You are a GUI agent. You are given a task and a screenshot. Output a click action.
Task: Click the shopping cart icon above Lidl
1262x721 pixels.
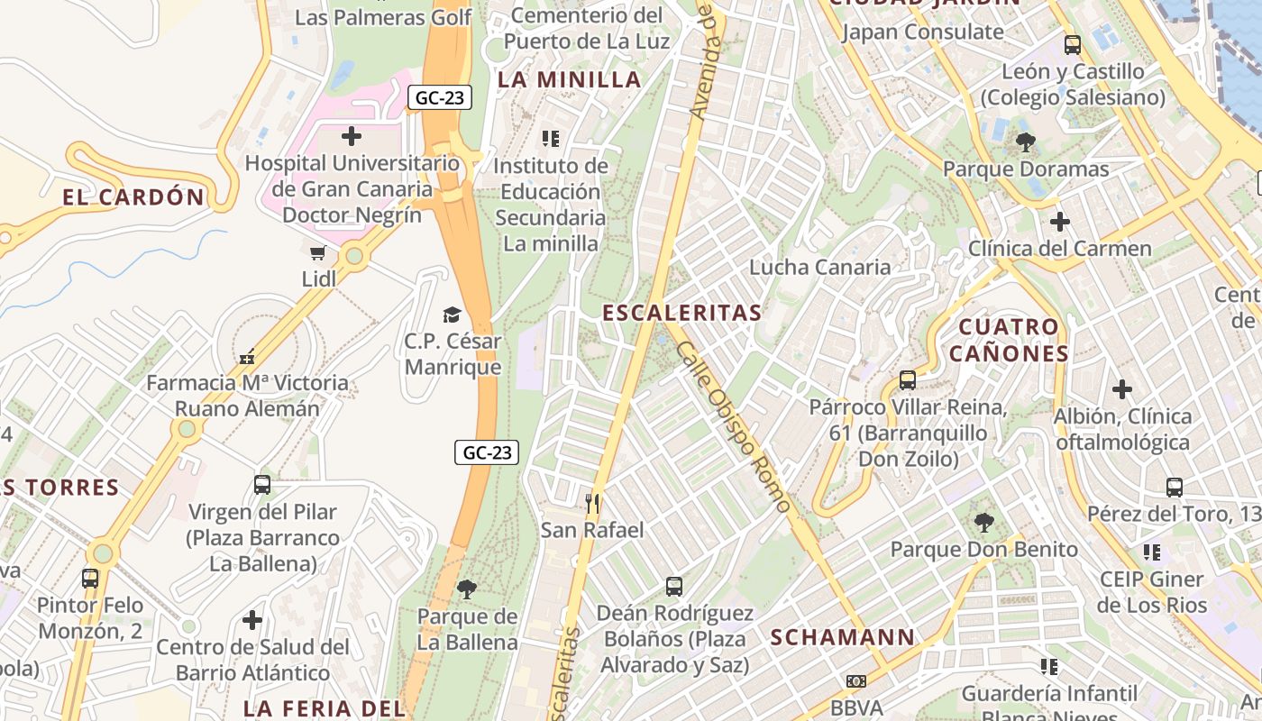[x=317, y=253]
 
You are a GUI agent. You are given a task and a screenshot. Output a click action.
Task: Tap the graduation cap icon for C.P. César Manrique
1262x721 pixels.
[x=452, y=315]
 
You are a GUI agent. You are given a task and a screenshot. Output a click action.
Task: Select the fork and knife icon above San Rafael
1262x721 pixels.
[x=592, y=503]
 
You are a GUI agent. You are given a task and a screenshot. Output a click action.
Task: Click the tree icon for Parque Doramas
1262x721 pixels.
[x=1025, y=141]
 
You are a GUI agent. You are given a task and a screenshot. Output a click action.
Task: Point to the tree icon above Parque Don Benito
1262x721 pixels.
[x=984, y=523]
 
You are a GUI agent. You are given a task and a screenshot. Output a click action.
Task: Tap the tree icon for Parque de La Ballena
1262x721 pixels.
[x=467, y=589]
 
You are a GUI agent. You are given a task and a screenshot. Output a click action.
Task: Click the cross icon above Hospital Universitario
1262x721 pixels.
[x=352, y=136]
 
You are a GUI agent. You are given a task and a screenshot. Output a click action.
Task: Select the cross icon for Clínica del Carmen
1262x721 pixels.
[x=1060, y=221]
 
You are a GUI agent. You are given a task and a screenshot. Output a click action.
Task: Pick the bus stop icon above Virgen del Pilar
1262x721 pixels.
[x=262, y=485]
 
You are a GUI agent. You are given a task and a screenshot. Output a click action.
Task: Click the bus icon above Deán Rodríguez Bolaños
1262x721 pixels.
[x=674, y=587]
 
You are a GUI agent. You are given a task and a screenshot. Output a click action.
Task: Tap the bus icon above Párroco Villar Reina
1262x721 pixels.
[x=908, y=380]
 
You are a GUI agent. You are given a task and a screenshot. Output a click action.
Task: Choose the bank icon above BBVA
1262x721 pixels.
[x=855, y=681]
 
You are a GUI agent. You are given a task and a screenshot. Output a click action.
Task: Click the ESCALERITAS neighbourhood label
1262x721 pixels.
[x=681, y=313]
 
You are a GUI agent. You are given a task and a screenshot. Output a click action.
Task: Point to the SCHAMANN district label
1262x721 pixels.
[x=842, y=637]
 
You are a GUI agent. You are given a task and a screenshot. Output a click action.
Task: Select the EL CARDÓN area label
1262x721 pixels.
[x=133, y=197]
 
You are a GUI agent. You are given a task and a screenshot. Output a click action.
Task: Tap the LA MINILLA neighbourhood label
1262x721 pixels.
[x=569, y=79]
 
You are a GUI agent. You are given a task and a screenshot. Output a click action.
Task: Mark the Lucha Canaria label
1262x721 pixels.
[x=819, y=267]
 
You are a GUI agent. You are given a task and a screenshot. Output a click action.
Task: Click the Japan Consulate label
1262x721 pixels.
[x=922, y=32]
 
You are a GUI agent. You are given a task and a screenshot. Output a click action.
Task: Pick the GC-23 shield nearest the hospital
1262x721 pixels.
[x=440, y=97]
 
